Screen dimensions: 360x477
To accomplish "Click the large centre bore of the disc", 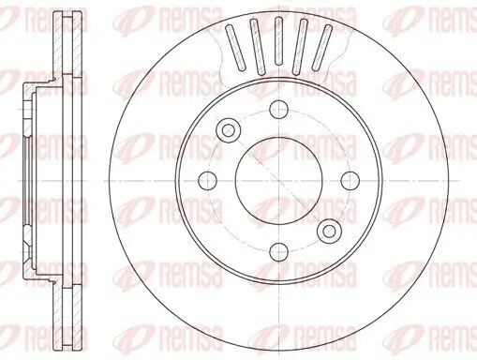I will tap(278, 180).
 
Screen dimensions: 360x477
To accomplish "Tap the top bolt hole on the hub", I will tap(277, 111).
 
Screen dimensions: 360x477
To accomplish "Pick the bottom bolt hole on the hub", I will tap(278, 249).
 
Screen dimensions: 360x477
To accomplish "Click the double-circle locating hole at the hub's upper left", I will tap(228, 130).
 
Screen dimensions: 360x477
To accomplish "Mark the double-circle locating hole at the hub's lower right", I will tap(328, 230).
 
